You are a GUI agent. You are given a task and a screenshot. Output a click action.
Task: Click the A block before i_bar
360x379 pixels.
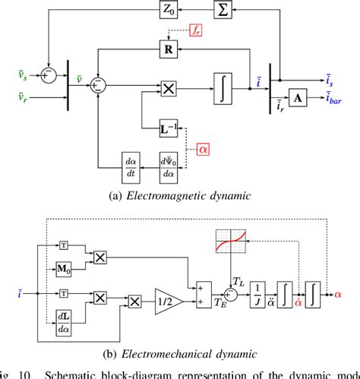point(298,99)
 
